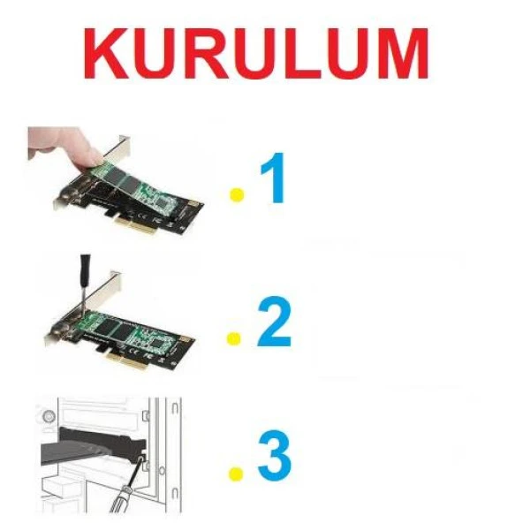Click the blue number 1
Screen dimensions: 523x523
pos(274,178)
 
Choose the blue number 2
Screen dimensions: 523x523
pos(275,322)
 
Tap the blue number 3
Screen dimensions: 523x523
pos(275,455)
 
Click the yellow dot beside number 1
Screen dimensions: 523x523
pos(237,195)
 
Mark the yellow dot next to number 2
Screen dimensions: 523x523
pos(234,338)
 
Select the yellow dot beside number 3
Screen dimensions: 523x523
pos(236,474)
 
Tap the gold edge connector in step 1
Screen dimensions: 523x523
pos(136,224)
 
